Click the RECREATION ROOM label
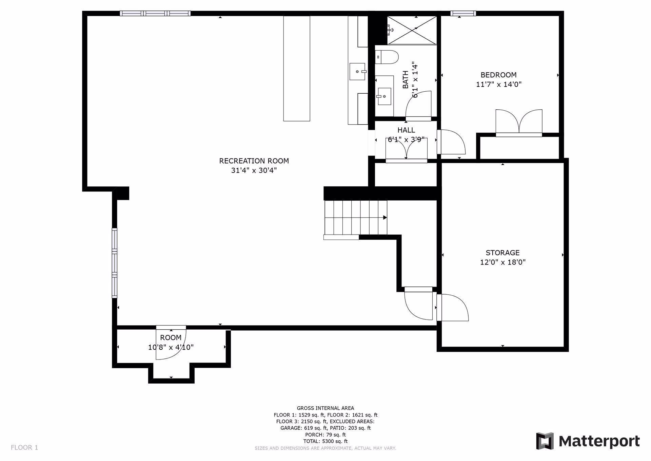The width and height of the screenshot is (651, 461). (x=254, y=161)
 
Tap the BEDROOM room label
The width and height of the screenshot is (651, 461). (x=498, y=75)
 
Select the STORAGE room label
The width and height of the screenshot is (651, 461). (x=502, y=253)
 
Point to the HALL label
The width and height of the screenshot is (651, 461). (x=406, y=130)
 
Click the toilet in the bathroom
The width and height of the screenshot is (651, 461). (x=387, y=57)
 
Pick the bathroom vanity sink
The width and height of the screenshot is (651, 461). (x=384, y=96)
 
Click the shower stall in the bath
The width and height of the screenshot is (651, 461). (x=412, y=30)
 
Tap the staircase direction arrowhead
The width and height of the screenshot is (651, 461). (x=385, y=217)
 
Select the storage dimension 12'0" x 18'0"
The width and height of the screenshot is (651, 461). (x=502, y=262)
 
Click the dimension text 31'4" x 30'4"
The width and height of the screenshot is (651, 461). (x=254, y=170)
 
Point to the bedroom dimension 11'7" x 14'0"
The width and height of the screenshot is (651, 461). (x=498, y=84)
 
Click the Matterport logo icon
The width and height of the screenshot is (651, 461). (x=545, y=441)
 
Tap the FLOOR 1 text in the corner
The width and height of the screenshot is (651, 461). (x=24, y=447)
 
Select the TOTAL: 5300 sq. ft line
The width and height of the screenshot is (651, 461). (x=325, y=441)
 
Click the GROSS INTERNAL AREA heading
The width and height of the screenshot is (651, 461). (x=325, y=408)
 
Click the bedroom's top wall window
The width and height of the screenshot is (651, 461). (x=463, y=14)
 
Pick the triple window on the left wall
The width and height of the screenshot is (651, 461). (x=115, y=263)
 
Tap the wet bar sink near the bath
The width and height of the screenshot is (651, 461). (x=358, y=71)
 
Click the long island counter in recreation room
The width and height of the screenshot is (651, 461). (x=297, y=69)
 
